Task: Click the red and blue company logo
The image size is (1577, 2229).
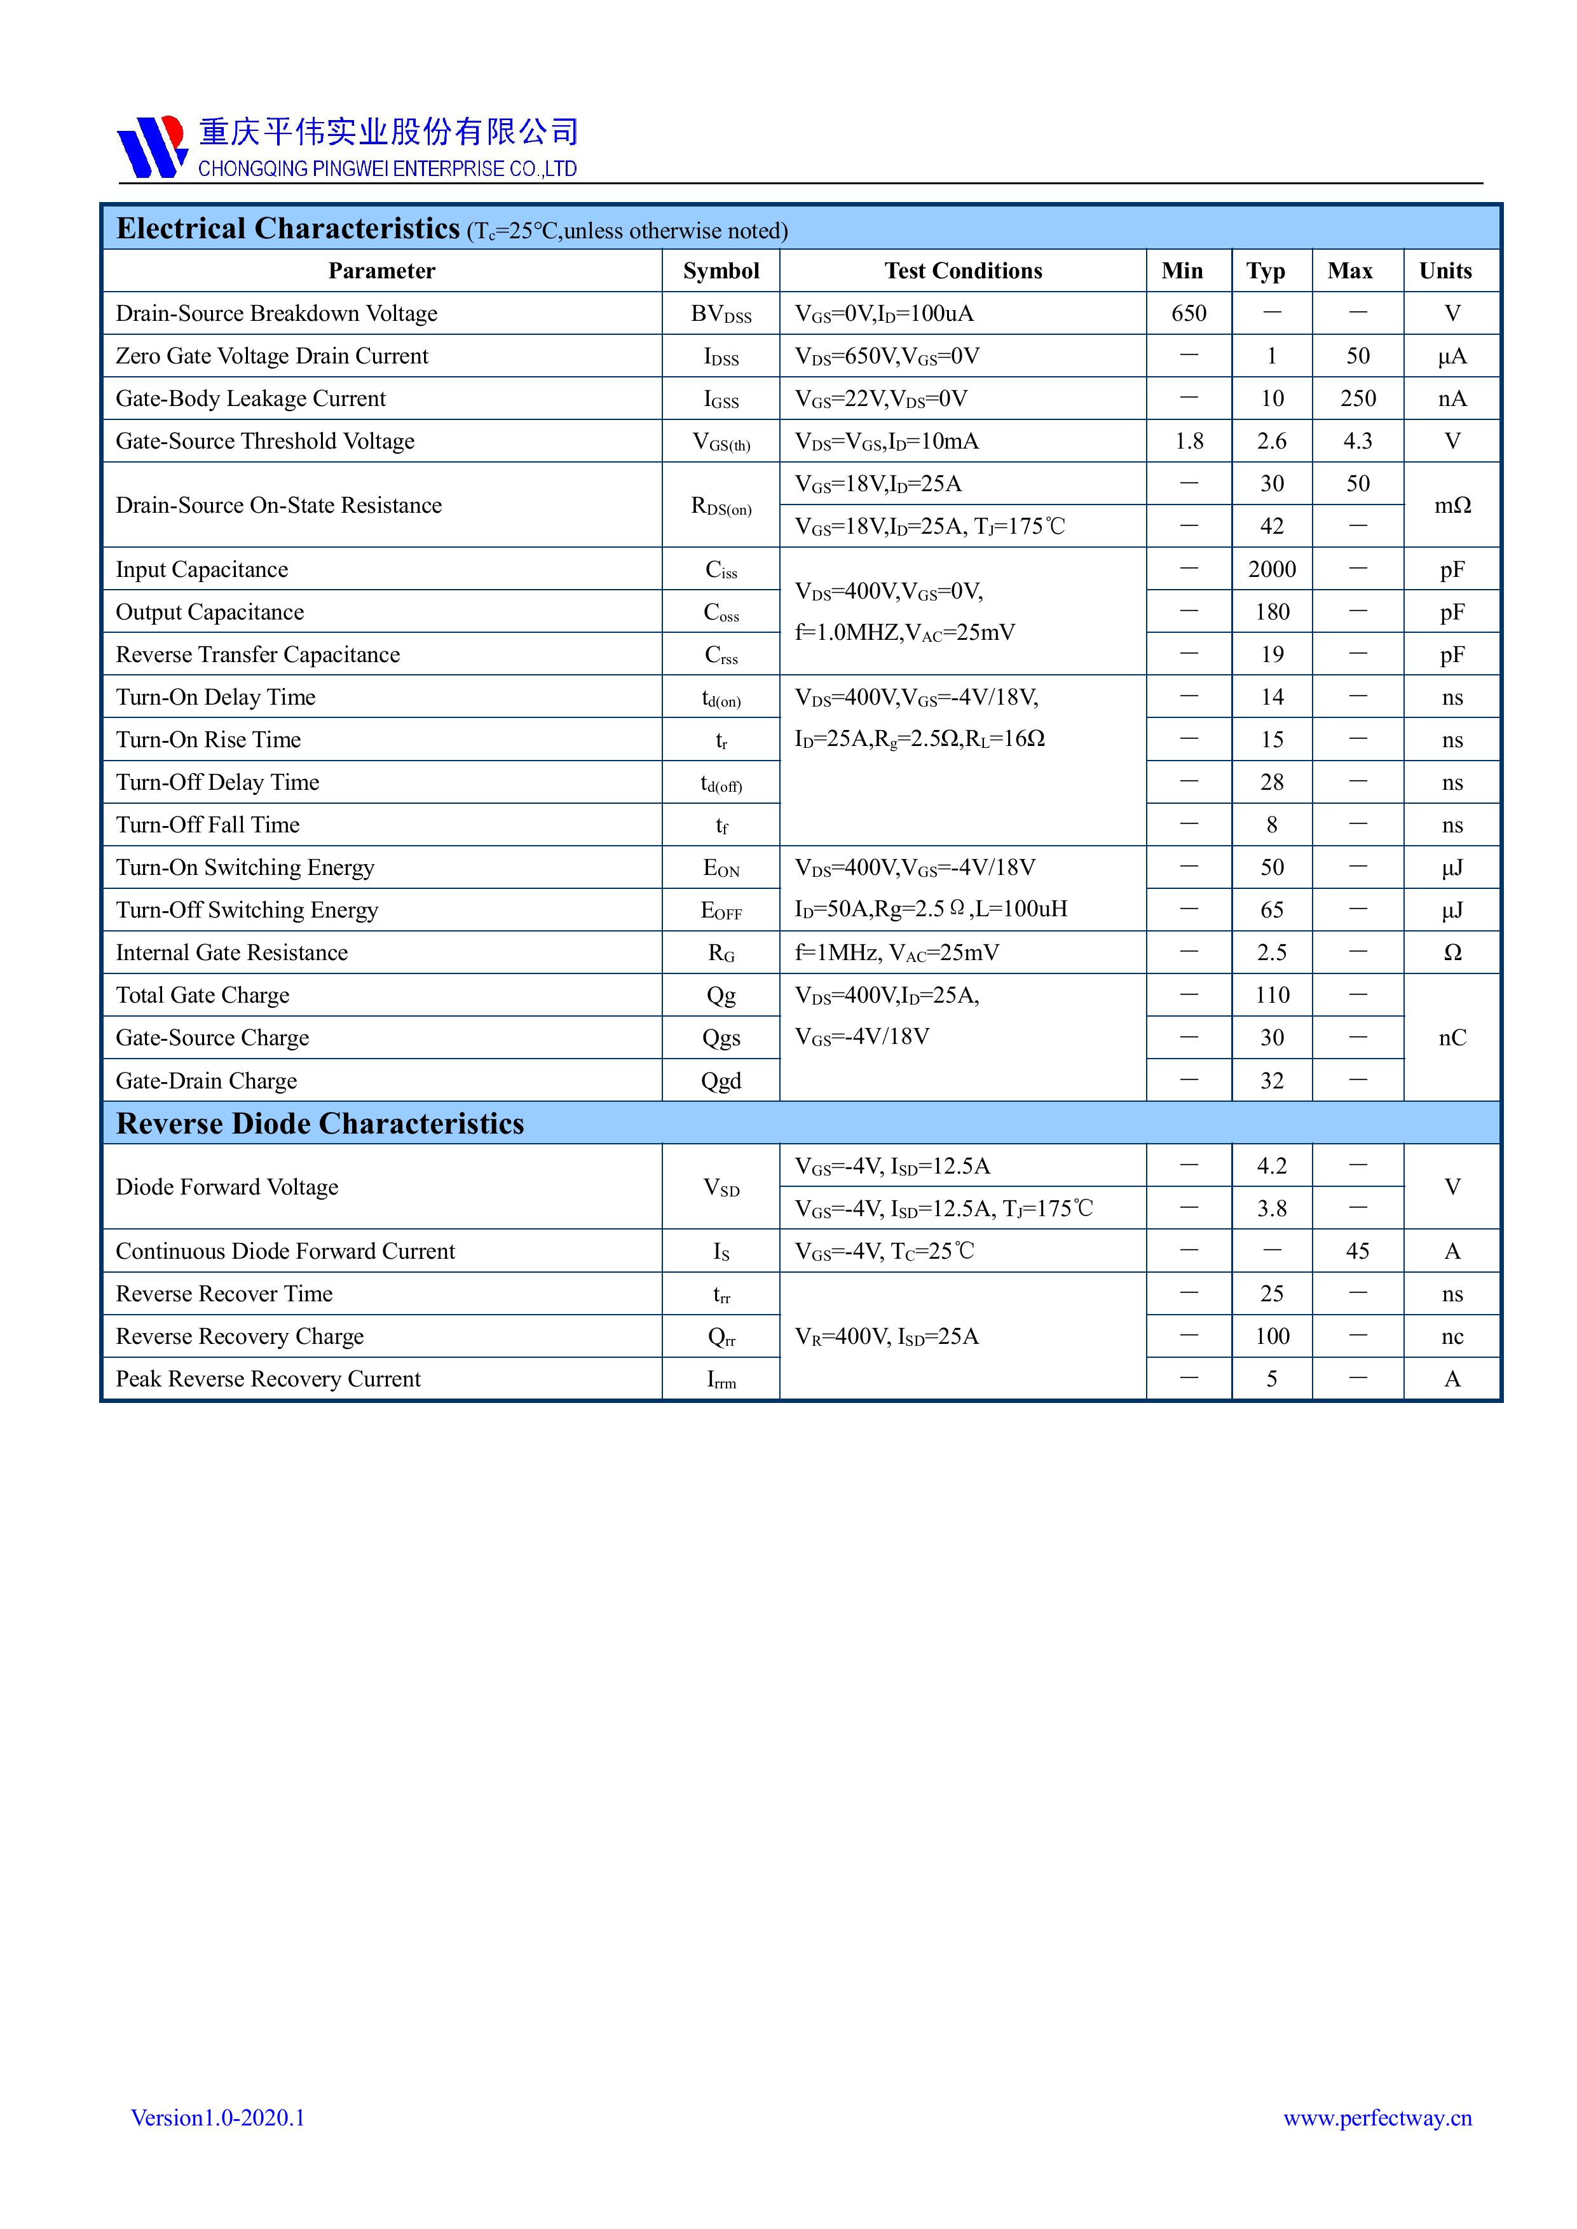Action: (151, 147)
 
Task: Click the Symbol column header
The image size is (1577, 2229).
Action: (721, 271)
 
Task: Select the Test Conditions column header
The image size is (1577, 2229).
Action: (962, 271)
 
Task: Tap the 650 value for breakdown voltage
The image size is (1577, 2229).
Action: (1189, 314)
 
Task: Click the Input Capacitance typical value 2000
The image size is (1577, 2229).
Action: (1271, 570)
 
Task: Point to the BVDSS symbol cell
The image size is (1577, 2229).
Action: (721, 315)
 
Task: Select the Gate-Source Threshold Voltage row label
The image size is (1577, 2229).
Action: (265, 442)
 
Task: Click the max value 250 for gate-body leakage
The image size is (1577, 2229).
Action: (1358, 399)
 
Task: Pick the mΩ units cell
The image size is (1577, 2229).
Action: (1452, 506)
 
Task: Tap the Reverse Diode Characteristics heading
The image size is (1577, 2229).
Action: (320, 1123)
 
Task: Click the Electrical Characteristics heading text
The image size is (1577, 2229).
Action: (287, 229)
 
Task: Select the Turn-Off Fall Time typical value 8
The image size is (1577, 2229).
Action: (1271, 825)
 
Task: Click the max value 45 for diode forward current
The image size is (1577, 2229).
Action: (1358, 1251)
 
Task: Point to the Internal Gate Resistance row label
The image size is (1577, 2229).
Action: (231, 953)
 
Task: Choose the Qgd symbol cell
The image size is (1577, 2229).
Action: (721, 1081)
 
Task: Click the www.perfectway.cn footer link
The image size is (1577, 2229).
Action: (1377, 2117)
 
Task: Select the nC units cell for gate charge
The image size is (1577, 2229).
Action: (1452, 1038)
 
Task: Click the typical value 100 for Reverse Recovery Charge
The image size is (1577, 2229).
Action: (1271, 1337)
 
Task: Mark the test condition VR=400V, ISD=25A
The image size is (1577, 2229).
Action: (887, 1337)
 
